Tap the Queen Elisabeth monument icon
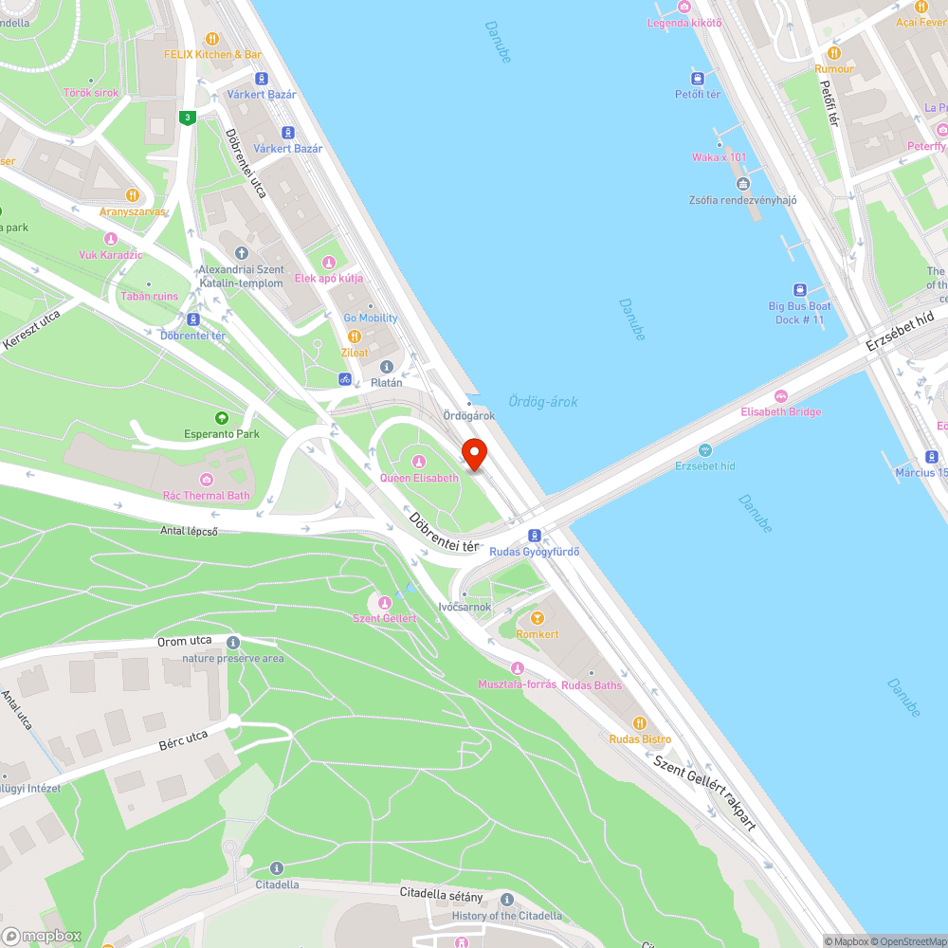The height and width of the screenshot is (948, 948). tap(419, 462)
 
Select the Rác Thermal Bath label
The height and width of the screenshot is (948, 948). tap(206, 495)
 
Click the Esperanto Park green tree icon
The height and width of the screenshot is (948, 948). tap(222, 418)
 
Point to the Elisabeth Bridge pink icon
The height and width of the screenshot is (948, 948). tap(781, 395)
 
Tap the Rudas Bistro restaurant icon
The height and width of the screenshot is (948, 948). tap(640, 722)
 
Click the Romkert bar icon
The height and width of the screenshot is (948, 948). tap(538, 618)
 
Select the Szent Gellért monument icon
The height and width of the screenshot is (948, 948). tap(385, 602)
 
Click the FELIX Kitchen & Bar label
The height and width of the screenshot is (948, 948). tap(212, 55)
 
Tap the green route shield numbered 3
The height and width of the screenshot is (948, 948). tap(188, 118)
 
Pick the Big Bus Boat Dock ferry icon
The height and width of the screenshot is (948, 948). tap(799, 290)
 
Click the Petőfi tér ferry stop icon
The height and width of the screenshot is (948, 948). tap(698, 79)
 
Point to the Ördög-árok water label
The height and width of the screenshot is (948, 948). tap(542, 402)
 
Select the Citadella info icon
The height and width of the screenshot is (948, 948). tap(277, 867)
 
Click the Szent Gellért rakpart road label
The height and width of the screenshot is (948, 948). tap(703, 791)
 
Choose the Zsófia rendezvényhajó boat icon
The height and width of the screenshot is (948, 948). tap(742, 184)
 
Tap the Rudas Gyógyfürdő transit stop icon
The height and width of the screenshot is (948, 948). tap(535, 536)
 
